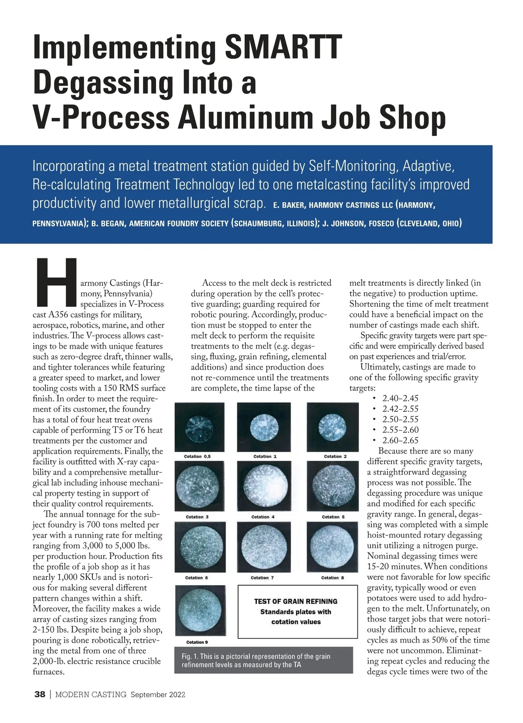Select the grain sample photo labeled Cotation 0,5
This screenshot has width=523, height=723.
(x=199, y=426)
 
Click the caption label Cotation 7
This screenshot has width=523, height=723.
(x=262, y=578)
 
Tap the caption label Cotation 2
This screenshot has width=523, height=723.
(x=335, y=456)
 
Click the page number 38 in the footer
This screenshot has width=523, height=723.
(x=40, y=695)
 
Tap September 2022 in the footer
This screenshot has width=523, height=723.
(x=158, y=695)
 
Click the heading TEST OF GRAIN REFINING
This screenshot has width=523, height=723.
(x=295, y=601)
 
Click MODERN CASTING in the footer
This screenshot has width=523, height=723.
(x=91, y=695)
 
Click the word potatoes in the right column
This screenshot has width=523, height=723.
(x=384, y=598)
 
